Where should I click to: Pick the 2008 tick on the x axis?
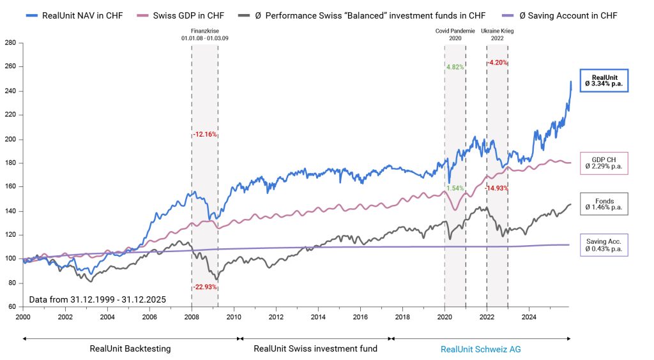click(192, 315)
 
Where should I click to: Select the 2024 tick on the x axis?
click(529, 315)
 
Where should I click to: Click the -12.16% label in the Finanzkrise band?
click(205, 135)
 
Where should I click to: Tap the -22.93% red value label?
click(205, 287)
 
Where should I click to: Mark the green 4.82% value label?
click(454, 66)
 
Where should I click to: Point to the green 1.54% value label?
click(454, 188)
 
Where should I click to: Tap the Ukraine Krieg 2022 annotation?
click(497, 34)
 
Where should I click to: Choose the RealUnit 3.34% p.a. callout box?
click(604, 80)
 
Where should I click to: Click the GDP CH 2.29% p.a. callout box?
click(604, 163)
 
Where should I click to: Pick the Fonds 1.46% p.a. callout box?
click(604, 204)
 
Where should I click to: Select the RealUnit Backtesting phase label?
click(130, 349)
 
